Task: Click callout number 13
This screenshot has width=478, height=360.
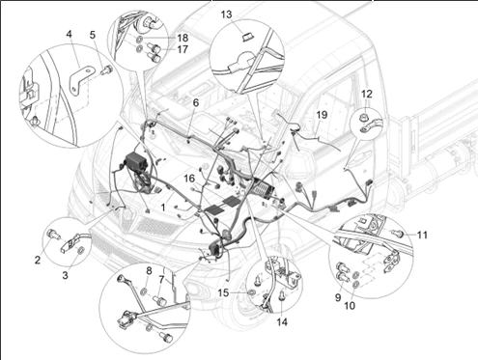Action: coord(226,14)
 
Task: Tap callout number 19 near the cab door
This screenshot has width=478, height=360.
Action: coord(322,115)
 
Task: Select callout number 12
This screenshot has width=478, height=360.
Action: coord(367,94)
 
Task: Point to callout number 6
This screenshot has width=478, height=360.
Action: coord(196,102)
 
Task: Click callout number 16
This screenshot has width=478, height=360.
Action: coord(189,179)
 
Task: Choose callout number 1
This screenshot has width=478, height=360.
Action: coord(163,208)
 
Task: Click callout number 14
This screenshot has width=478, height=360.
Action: coord(282,321)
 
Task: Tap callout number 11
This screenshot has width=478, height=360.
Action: coord(422,235)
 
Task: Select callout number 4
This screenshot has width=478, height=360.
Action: coord(70,34)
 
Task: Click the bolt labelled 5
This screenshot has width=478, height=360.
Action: coord(106,69)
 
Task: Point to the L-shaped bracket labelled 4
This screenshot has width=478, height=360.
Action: coord(81,80)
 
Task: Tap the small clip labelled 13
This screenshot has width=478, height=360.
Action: coord(247,37)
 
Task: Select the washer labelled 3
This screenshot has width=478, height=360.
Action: coord(80,250)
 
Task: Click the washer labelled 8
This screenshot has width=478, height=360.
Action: coord(144,291)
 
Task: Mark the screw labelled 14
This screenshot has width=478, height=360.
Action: coord(282,295)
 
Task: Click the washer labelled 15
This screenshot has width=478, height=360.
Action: coord(250,292)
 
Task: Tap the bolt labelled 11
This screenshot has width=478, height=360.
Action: coord(399,233)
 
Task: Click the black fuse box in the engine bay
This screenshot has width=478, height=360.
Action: coord(136,162)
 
